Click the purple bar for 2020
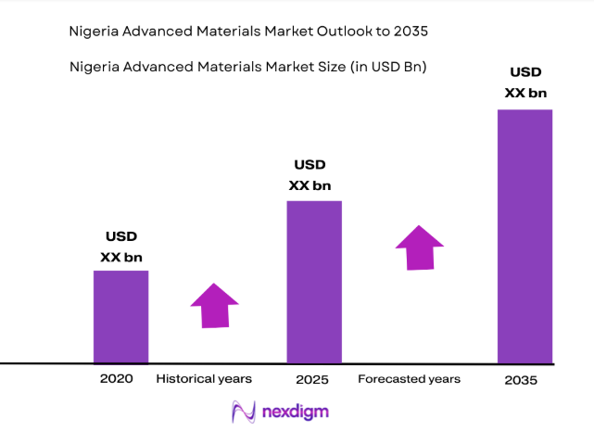click(x=120, y=316)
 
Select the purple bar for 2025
click(x=314, y=282)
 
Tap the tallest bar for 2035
click(x=524, y=236)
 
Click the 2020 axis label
click(x=117, y=379)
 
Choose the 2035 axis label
click(x=522, y=381)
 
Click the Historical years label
click(x=204, y=379)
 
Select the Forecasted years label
click(x=409, y=379)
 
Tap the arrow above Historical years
click(x=214, y=305)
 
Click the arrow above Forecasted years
click(x=419, y=247)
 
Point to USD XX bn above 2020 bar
click(x=120, y=247)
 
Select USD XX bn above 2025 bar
click(x=310, y=175)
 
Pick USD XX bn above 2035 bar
click(x=524, y=82)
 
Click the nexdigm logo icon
click(x=243, y=412)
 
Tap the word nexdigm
click(x=294, y=412)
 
